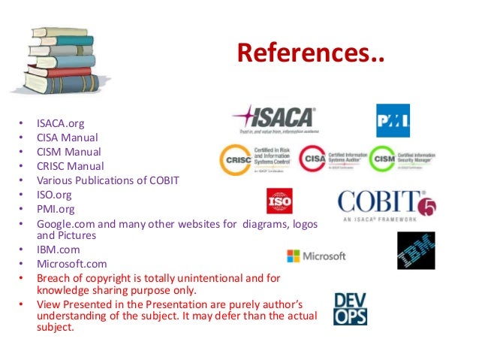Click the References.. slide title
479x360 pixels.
(310, 54)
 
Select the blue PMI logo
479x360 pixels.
(393, 120)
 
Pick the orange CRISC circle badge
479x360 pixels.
(234, 160)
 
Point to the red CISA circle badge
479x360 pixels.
(312, 159)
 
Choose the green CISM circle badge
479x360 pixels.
(383, 159)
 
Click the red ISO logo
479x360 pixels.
(279, 201)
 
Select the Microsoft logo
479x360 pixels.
(316, 256)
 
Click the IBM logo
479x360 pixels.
(416, 250)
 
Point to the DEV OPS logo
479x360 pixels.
(350, 308)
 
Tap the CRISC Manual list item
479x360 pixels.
(71, 166)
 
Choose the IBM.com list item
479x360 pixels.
(59, 250)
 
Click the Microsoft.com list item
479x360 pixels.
(72, 264)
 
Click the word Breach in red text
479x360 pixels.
(56, 278)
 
